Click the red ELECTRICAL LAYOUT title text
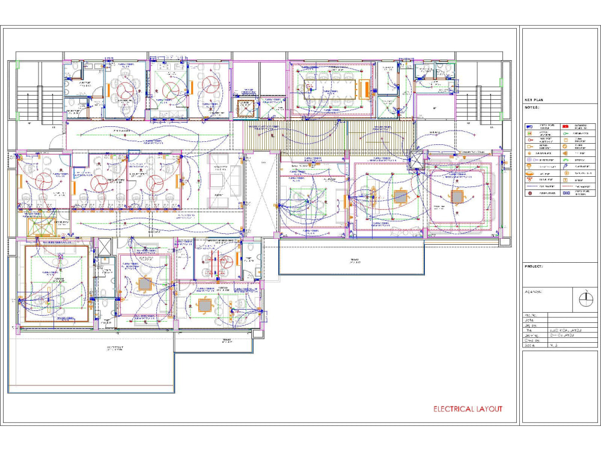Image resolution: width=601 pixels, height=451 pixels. pos(468,409)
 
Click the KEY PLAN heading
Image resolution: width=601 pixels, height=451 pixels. pos(534,100)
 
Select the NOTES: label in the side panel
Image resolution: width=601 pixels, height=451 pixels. pos(532,108)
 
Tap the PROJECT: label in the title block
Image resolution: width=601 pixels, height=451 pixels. pos(534,266)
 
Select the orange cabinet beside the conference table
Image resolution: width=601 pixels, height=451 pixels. pos(363,89)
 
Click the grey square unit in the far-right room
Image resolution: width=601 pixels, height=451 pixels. pos(457,197)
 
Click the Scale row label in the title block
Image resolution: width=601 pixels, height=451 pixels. pos(530,346)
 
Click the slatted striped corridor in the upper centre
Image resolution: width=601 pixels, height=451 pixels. pos(329,137)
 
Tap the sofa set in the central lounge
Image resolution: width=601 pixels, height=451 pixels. pos(225,181)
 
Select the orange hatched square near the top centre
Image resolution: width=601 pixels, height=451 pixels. pos(245,109)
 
